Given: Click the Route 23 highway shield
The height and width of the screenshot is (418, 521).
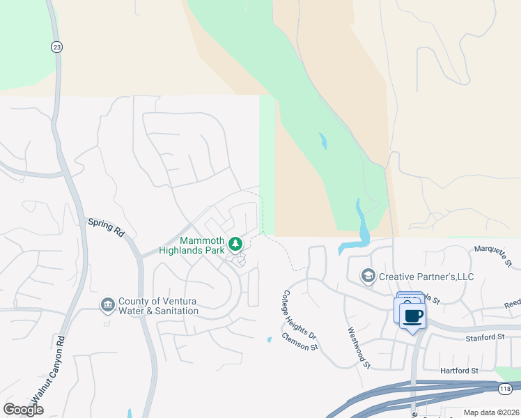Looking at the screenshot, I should (x=56, y=47).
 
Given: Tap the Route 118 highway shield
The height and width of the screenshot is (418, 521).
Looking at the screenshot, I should (x=504, y=388).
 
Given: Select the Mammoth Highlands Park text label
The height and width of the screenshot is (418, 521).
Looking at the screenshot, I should (x=202, y=245).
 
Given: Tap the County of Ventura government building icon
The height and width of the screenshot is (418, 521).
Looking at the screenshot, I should (x=107, y=304).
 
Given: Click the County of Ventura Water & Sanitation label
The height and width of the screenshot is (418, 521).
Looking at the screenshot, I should (x=158, y=306).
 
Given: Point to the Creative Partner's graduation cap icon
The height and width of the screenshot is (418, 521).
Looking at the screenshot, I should (x=368, y=277).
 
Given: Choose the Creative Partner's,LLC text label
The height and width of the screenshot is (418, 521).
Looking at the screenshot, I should (x=426, y=277).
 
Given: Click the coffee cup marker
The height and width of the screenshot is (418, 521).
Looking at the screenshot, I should (x=413, y=316).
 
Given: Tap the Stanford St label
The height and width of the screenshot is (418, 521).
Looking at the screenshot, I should (x=485, y=336).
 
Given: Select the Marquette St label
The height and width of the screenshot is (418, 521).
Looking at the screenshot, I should (x=494, y=256).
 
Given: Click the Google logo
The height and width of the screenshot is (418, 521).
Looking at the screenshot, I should (x=24, y=409).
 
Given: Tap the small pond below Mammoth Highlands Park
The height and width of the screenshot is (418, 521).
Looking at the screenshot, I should (x=269, y=340).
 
